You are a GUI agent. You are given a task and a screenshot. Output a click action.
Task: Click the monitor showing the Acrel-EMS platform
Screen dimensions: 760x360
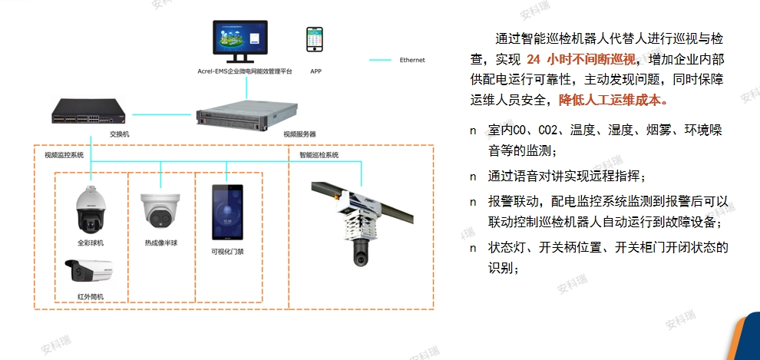(x=240, y=41)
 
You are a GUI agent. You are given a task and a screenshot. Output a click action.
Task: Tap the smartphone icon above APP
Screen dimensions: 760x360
(x=314, y=39)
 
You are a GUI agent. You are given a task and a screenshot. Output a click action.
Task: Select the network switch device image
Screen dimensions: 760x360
(x=89, y=111)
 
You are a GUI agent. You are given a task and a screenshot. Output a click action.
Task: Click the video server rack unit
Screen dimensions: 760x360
(x=246, y=114)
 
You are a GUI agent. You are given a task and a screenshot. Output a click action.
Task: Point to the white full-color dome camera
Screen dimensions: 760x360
(x=90, y=210)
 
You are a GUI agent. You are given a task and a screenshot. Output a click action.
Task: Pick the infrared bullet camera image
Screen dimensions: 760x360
(x=90, y=271)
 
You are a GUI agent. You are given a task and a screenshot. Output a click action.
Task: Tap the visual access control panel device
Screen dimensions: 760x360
(x=227, y=212)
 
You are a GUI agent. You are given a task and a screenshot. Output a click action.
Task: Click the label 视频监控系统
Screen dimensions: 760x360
(x=64, y=155)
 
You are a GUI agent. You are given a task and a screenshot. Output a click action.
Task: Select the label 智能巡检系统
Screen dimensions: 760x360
(x=319, y=155)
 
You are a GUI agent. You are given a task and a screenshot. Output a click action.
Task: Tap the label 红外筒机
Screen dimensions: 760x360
(x=90, y=296)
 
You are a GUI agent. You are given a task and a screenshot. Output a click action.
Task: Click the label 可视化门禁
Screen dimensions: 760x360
(x=226, y=252)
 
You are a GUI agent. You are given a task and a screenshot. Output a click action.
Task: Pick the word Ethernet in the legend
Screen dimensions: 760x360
(x=412, y=60)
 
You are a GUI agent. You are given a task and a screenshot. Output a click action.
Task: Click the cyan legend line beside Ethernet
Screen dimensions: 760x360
(x=380, y=60)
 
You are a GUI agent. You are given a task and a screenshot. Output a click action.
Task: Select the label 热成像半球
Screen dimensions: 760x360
(x=161, y=243)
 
